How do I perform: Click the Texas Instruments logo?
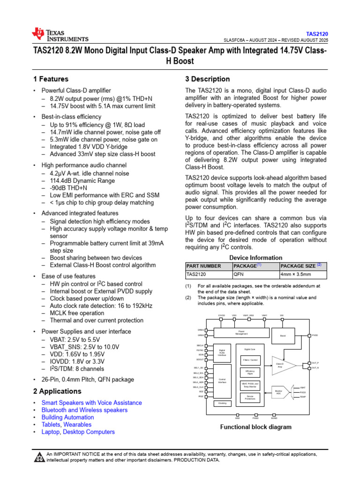[x=60, y=35]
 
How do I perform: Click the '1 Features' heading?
[x=51, y=79]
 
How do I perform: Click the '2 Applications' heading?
[x=57, y=391]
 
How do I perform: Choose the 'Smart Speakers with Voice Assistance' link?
[x=91, y=403]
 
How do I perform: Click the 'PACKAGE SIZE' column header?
[x=300, y=266]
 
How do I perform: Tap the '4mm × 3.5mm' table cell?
[x=296, y=275]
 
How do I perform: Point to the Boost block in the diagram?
[x=283, y=336]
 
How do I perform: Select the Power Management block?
[x=241, y=332]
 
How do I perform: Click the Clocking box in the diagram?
[x=222, y=403]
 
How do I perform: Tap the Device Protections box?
[x=250, y=397]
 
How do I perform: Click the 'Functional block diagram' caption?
[x=256, y=427]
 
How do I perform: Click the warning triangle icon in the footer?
[x=40, y=457]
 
